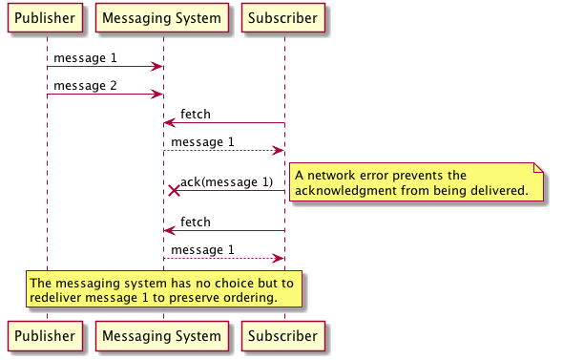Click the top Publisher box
pos(47,18)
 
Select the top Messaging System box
pos(162,18)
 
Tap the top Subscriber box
pos(283,18)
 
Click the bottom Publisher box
pos(47,336)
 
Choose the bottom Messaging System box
pos(162,336)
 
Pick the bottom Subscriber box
pos(283,336)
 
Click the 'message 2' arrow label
pos(85,86)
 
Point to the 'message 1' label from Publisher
pos(85,58)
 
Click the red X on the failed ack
pos(174,190)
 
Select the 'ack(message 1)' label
pos(226,182)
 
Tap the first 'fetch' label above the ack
pos(196,115)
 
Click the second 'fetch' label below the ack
pos(196,222)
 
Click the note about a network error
pos(415,182)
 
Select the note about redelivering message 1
pos(163,289)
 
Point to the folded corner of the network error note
pos(538,167)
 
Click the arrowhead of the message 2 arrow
pos(158,95)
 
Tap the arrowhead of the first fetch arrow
pos(168,122)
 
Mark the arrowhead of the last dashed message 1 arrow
pos(279,258)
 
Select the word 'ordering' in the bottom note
pos(251,298)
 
